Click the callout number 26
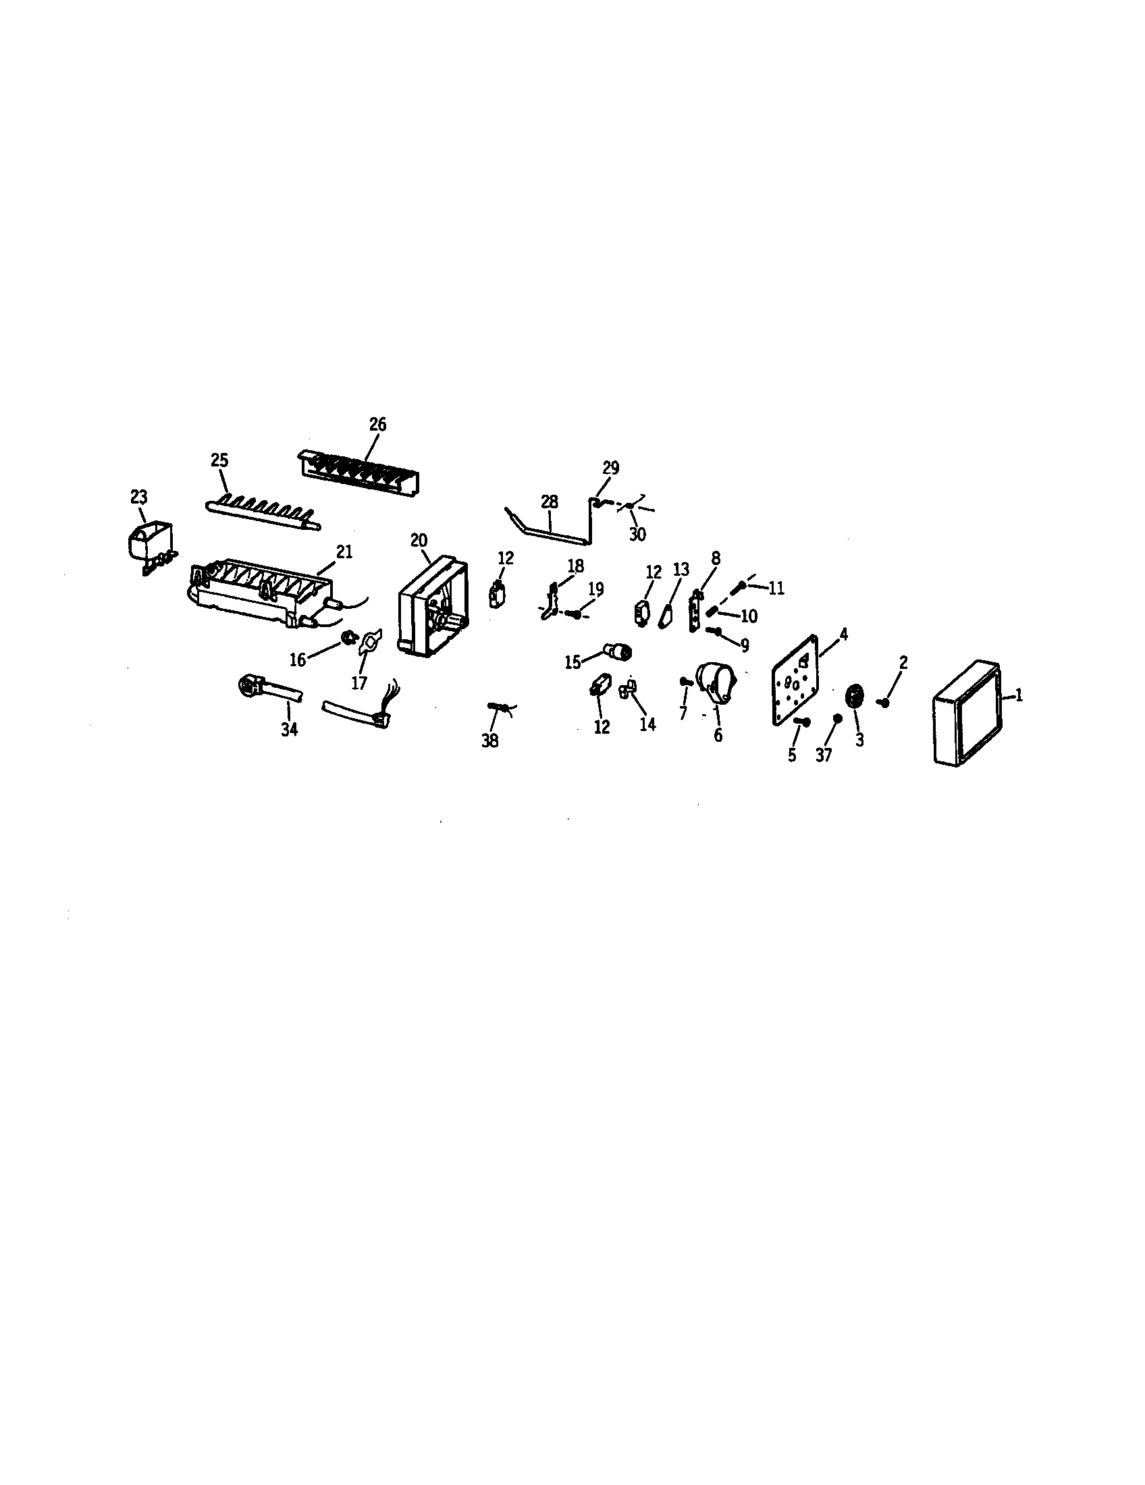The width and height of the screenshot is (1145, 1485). point(377,425)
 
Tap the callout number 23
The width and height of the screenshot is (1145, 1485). point(138,497)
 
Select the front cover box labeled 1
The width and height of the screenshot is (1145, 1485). point(967,713)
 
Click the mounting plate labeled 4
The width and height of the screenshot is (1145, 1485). point(796,678)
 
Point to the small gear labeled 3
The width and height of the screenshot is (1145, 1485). point(855,697)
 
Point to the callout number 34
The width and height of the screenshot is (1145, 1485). point(290,730)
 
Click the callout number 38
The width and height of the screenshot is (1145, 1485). point(489,741)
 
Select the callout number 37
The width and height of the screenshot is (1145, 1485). point(824,755)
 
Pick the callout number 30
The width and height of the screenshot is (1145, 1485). point(637,535)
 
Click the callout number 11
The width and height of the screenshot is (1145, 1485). point(776,589)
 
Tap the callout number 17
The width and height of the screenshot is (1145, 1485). point(359,682)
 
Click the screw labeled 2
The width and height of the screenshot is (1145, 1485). point(884,703)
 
